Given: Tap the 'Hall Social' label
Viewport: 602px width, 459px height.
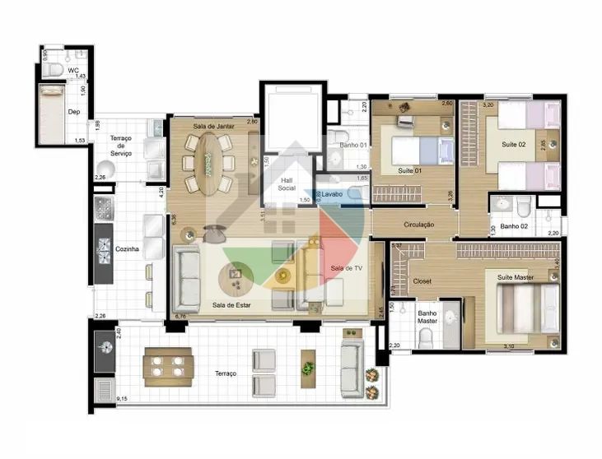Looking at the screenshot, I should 287,183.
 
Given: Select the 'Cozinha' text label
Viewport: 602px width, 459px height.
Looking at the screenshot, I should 126,248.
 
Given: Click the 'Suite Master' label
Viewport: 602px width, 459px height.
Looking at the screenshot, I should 516,277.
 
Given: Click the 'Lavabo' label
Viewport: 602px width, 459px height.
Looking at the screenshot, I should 332,194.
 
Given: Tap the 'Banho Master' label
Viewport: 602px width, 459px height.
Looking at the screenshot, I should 427,317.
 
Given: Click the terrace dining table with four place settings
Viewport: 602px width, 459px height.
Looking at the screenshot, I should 168,365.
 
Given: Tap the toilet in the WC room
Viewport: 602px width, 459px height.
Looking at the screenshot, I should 54,71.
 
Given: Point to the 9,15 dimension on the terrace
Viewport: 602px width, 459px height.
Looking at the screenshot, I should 123,399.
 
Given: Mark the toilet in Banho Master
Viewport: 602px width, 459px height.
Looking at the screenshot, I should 426,337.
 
